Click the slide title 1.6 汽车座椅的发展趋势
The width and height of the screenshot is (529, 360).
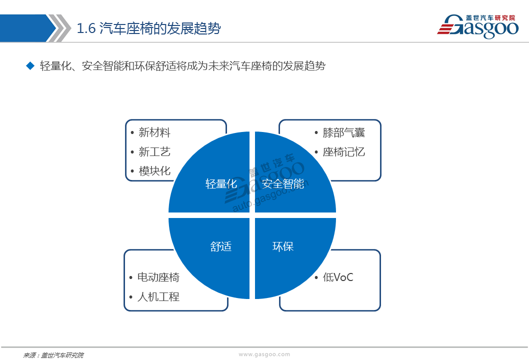coord(149,28)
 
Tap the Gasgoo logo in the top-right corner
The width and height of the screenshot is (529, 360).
coord(477,26)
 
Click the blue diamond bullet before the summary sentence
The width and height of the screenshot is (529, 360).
coord(30,65)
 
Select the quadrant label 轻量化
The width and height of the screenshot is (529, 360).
coord(221,183)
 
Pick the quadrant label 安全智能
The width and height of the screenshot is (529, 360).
coord(282,183)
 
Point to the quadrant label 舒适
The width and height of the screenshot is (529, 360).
coord(221,246)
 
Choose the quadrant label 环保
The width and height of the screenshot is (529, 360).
coord(282,246)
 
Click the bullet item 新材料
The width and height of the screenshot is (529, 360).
coord(154,132)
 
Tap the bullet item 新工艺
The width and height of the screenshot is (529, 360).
coord(154,151)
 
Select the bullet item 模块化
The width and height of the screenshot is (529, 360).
coord(154,170)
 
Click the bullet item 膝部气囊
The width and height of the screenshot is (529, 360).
coord(344,132)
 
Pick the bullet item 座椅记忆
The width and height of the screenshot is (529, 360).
coord(344,151)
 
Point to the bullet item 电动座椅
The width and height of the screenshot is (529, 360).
coord(158,277)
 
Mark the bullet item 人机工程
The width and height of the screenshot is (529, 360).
coord(158,296)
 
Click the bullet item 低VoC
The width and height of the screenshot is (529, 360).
coord(338,277)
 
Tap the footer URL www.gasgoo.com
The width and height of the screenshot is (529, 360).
coord(264,354)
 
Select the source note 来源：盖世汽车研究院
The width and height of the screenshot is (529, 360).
coord(53,355)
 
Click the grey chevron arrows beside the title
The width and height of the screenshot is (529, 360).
coord(58,28)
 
